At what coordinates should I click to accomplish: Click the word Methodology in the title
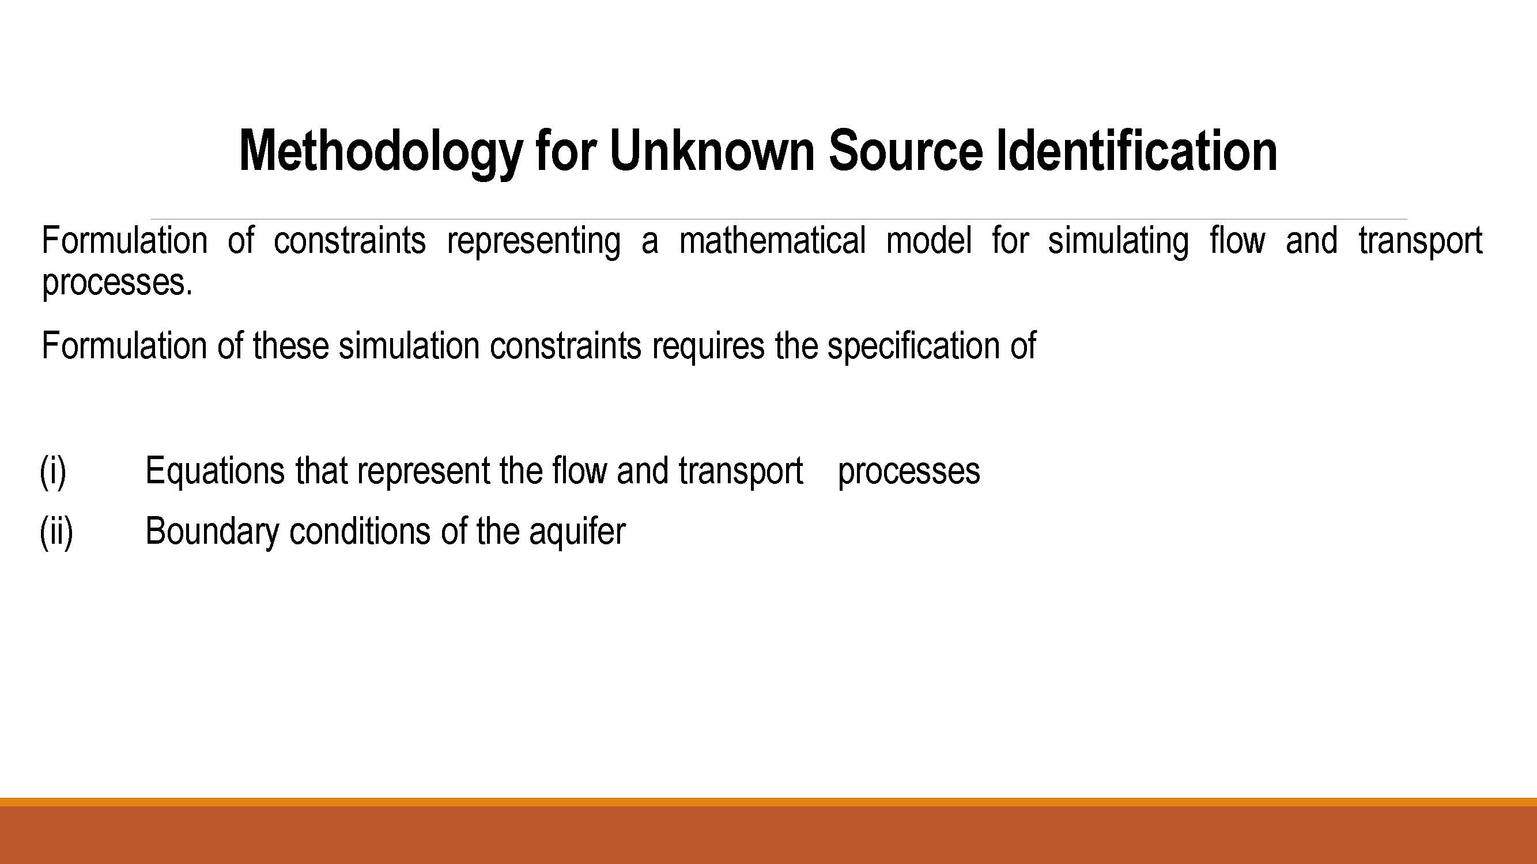pyautogui.click(x=381, y=151)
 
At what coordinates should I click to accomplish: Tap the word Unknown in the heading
pyautogui.click(x=712, y=150)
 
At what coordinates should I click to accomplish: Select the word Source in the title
pyautogui.click(x=906, y=150)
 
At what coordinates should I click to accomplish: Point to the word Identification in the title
pyautogui.click(x=1137, y=150)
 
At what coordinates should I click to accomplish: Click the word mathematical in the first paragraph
pyautogui.click(x=773, y=240)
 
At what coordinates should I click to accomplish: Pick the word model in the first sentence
pyautogui.click(x=929, y=240)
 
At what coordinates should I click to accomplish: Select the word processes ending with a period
pyautogui.click(x=118, y=284)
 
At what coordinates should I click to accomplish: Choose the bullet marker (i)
pyautogui.click(x=53, y=471)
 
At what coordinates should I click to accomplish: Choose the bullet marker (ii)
pyautogui.click(x=56, y=531)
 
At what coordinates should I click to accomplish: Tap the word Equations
pyautogui.click(x=216, y=472)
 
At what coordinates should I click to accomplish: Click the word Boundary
pyautogui.click(x=212, y=532)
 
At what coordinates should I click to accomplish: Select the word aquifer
pyautogui.click(x=577, y=532)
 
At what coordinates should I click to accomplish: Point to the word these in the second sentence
pyautogui.click(x=290, y=346)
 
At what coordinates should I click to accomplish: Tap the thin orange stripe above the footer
pyautogui.click(x=769, y=802)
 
